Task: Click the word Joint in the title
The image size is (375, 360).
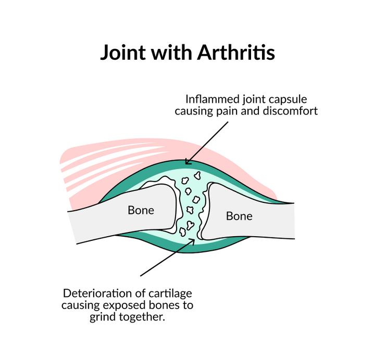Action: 123,52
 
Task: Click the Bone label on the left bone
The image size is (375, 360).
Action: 141,210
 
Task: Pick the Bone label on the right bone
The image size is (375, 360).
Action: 239,216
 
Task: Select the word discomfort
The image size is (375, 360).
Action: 290,111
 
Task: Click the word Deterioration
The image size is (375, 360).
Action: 97,293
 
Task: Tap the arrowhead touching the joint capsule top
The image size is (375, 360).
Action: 188,162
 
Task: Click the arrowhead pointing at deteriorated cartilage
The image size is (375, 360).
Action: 192,241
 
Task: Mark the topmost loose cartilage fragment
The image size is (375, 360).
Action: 197,176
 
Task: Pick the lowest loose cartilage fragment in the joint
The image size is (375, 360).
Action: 182,232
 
